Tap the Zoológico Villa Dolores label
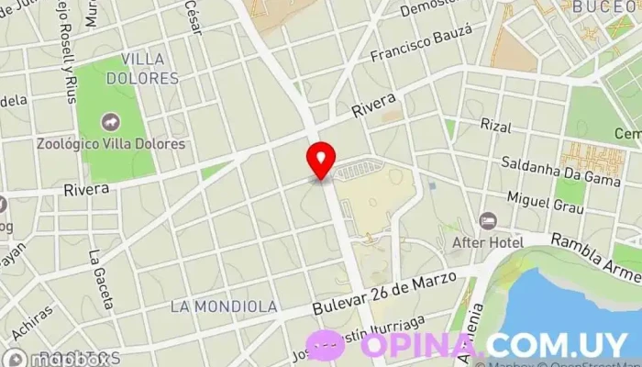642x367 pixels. (111, 144)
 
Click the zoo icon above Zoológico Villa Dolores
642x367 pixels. (110, 122)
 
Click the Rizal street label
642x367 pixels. (494, 125)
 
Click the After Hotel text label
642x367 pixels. (488, 242)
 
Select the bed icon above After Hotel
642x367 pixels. (487, 221)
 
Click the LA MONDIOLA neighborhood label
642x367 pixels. (225, 305)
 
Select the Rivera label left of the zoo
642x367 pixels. (86, 189)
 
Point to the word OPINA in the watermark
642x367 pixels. (418, 345)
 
